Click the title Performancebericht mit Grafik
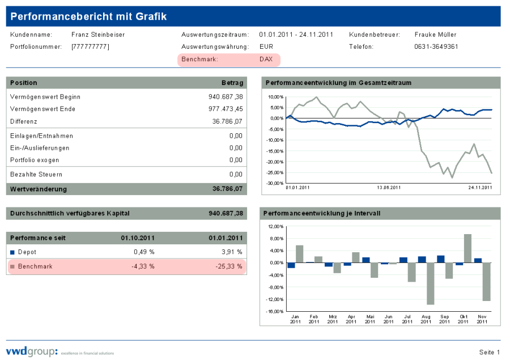point(89,16)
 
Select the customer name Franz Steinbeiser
point(98,35)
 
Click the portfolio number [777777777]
point(90,46)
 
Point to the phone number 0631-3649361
point(436,46)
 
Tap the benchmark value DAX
point(266,59)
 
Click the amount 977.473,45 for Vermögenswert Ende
point(226,109)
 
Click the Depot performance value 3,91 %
point(231,252)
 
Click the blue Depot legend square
point(12,252)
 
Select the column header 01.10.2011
point(138,238)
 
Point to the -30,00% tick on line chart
point(275,183)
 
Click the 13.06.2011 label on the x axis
point(389,188)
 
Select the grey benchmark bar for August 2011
point(430,283)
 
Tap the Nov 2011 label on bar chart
point(482,319)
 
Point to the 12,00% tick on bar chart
point(274,227)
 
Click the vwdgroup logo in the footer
point(32,351)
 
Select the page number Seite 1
point(490,352)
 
